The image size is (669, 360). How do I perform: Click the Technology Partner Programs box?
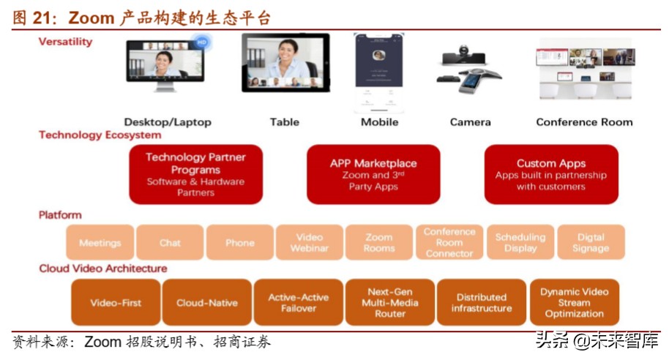coord(195,175)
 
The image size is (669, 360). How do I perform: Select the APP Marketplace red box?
coord(373,175)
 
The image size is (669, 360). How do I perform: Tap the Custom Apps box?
coord(551,175)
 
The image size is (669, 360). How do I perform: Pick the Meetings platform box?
coord(100,243)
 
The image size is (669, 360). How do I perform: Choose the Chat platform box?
coord(170,243)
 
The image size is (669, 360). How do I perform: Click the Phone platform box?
coord(240,243)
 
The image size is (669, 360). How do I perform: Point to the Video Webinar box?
coord(310,243)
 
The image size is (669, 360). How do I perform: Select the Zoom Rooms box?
coord(379,243)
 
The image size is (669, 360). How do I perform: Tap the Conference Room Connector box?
coord(449,243)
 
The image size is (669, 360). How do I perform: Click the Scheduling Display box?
coord(520,243)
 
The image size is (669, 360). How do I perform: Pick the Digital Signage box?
coord(591,243)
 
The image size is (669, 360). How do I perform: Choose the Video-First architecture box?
coord(116,302)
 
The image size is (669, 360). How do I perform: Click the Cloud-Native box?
coord(206,302)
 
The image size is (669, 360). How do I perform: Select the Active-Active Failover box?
coord(299,302)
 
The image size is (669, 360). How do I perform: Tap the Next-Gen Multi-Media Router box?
coord(390,302)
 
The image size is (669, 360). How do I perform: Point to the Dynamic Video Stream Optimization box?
coord(575,302)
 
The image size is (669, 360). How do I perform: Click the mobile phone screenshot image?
coord(379,71)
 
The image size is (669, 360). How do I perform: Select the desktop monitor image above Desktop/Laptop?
coord(165,65)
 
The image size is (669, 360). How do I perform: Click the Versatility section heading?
coord(66,42)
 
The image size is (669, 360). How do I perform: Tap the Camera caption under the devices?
coord(470,122)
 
